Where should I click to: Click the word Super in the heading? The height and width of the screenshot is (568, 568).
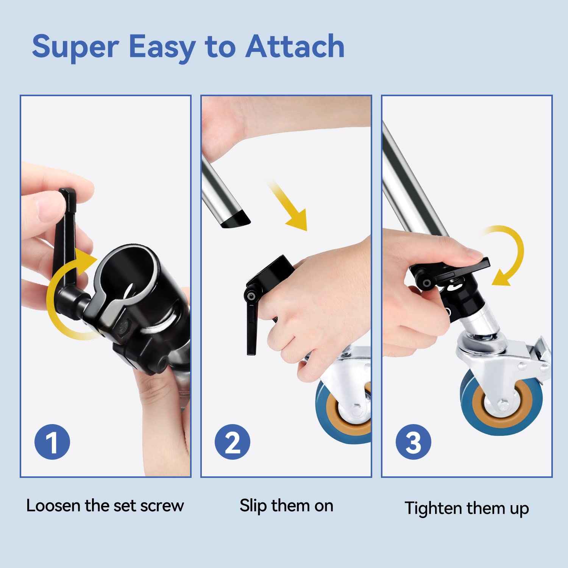point(75,47)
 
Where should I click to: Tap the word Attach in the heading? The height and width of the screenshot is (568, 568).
point(295,46)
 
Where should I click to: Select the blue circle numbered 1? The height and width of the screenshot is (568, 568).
point(52,442)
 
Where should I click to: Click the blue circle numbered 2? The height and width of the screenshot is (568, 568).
point(233,442)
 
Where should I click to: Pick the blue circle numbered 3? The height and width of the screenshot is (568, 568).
point(414,442)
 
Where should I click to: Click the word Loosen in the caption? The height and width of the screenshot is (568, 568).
point(53,506)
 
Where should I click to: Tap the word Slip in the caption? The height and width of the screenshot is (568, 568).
point(253,506)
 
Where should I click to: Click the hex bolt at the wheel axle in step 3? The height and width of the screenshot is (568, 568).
point(503,405)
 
